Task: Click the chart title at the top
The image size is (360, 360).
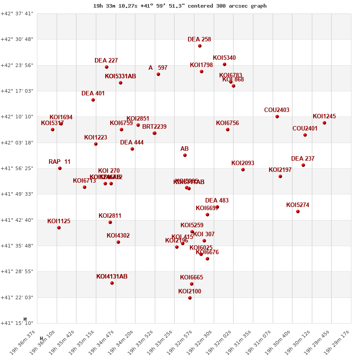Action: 180,6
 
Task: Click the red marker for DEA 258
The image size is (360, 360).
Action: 200,46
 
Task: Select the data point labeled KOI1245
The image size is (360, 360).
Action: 324,123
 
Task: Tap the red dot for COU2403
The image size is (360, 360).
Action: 277,117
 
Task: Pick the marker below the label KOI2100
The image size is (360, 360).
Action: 190,298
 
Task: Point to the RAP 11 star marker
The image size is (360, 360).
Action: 60,168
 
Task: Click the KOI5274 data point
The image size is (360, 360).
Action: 298,211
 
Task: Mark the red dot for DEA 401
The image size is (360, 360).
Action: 93,100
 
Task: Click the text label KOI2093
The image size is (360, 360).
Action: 243,163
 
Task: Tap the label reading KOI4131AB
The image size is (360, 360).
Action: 112,277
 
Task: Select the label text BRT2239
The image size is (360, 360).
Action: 154,127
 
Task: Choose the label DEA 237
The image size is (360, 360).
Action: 303,159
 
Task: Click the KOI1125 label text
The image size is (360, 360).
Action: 58,221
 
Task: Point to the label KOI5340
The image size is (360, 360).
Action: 224,58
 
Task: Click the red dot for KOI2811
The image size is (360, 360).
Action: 110,222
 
